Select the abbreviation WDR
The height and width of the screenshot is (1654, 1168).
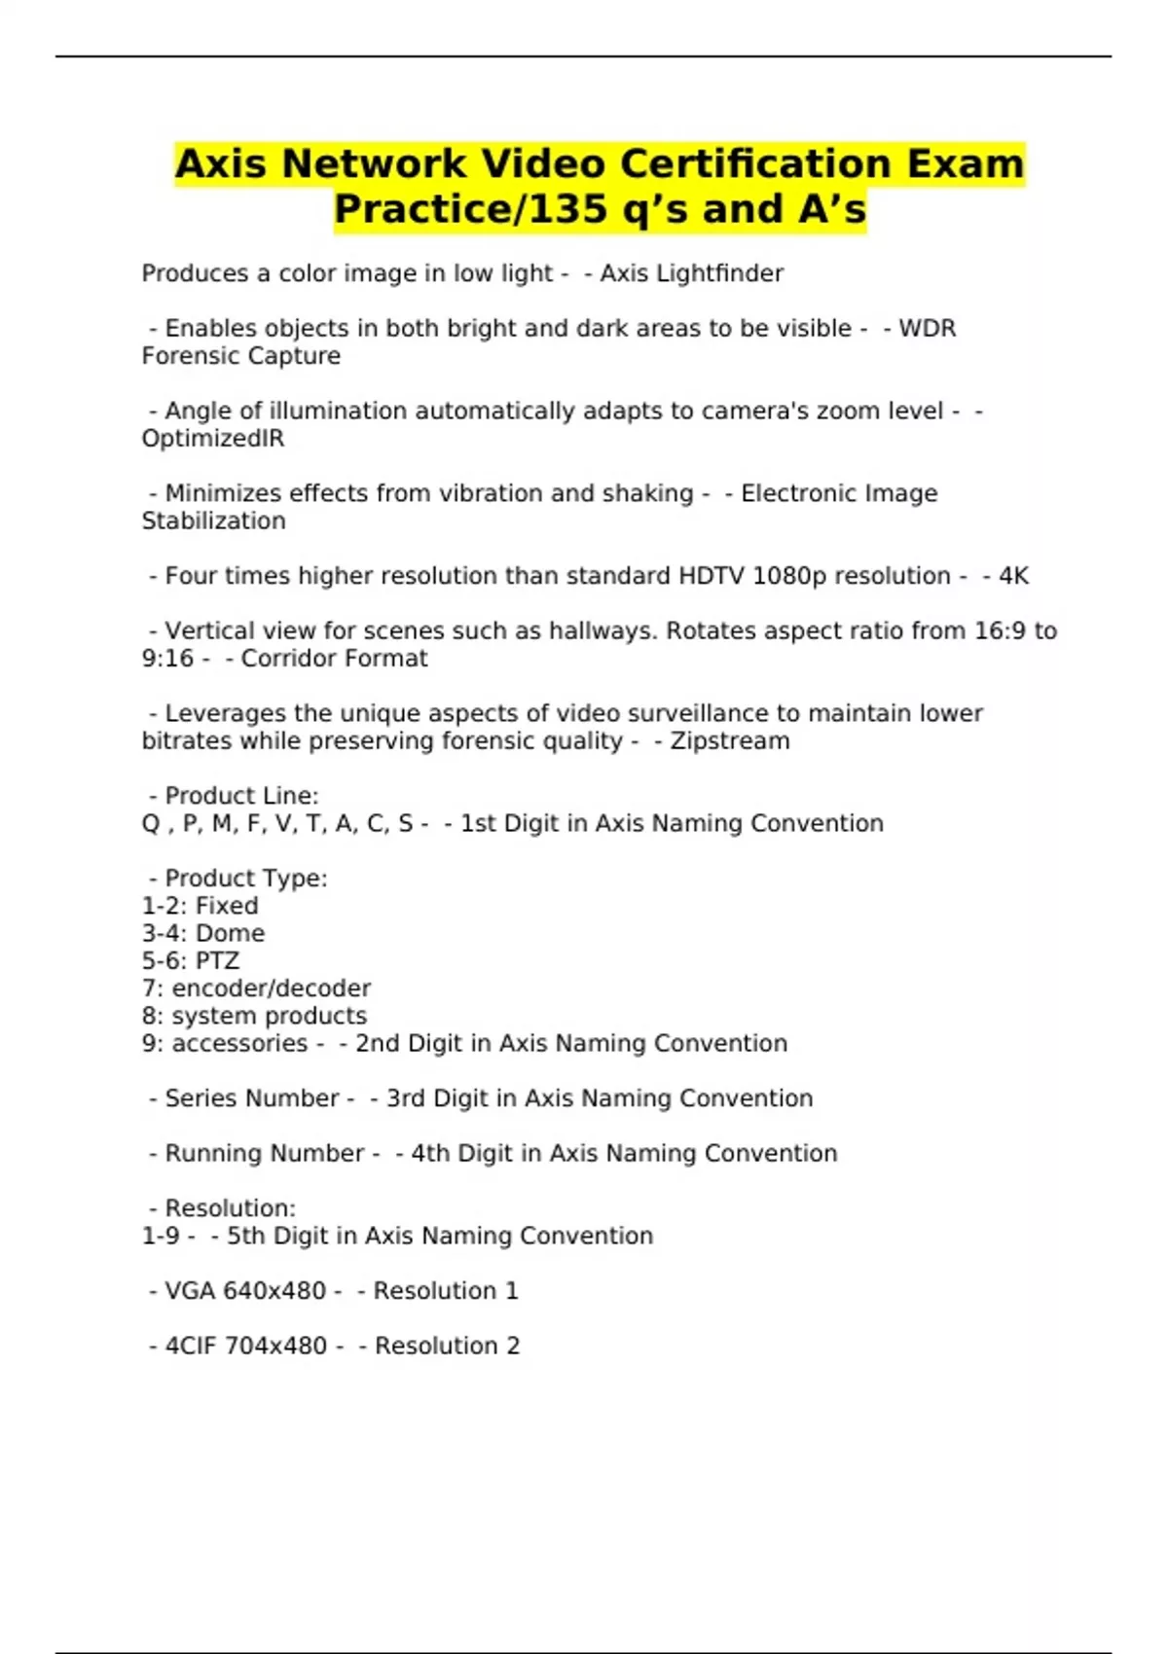point(927,329)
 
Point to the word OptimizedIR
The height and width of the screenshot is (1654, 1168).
point(213,439)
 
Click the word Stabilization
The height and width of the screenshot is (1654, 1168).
point(213,521)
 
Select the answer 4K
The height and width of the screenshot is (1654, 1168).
point(1013,576)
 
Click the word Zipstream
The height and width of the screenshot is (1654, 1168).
point(730,741)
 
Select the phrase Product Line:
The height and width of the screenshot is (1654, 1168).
point(241,796)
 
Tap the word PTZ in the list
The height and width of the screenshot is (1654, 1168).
point(217,961)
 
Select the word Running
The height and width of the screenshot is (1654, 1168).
point(214,1154)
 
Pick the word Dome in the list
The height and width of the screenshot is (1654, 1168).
point(230,934)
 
